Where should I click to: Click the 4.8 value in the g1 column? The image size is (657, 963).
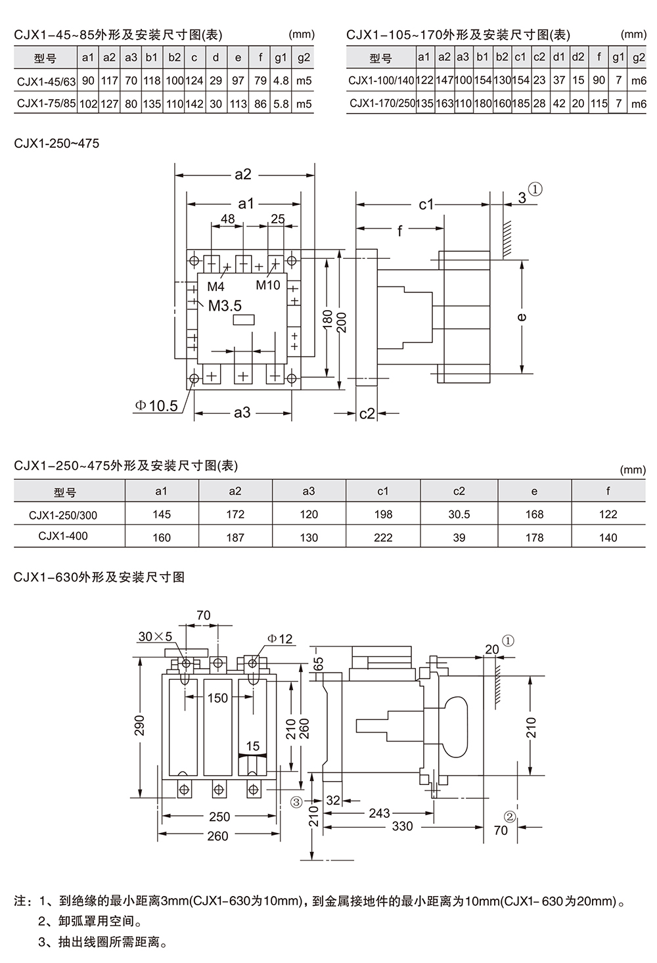(x=281, y=81)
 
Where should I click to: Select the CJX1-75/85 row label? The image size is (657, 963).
(x=47, y=104)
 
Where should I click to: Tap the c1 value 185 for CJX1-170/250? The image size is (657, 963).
(x=520, y=104)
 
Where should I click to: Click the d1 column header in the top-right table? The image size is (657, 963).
(x=558, y=57)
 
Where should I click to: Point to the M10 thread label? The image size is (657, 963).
(x=268, y=285)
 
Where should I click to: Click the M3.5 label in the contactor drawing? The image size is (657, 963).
(x=225, y=305)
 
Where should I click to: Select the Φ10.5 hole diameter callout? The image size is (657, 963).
(x=156, y=405)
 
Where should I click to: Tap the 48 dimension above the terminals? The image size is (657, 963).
(x=227, y=219)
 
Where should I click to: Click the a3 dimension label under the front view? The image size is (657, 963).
(x=242, y=413)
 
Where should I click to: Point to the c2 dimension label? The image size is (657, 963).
(x=367, y=414)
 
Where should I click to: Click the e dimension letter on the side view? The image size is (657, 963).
(x=521, y=317)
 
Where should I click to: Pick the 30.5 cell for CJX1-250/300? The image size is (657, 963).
(x=459, y=514)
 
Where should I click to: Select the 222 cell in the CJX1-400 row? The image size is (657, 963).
(x=383, y=537)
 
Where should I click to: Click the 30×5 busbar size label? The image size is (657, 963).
(x=155, y=637)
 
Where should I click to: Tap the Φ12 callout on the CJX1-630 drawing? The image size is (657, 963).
(x=280, y=639)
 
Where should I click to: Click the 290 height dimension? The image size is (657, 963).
(x=140, y=726)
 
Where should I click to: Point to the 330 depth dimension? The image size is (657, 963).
(x=403, y=826)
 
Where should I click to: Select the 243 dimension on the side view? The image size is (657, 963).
(x=379, y=813)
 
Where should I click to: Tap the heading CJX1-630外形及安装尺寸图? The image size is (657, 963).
(x=99, y=577)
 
